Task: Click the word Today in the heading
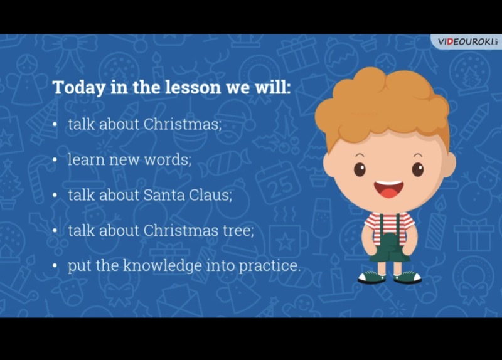tap(78, 87)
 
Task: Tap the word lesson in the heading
tap(193, 87)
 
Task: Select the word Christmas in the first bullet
tap(182, 124)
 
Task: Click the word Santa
tap(163, 195)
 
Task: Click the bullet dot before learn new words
tap(55, 160)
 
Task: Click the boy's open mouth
tap(388, 189)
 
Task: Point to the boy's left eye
tap(417, 169)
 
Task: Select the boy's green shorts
tap(389, 247)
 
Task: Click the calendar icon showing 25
tap(278, 183)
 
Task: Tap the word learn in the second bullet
tap(86, 159)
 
